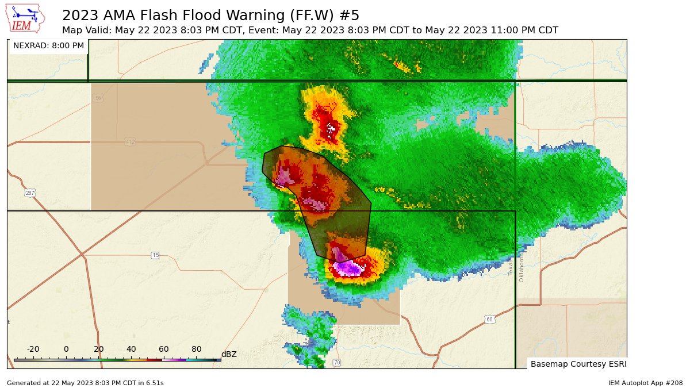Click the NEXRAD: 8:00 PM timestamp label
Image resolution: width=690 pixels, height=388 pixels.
pyautogui.click(x=48, y=45)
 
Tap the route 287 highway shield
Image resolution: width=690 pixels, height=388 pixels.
pyautogui.click(x=29, y=193)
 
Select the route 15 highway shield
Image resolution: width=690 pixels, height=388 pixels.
pyautogui.click(x=155, y=255)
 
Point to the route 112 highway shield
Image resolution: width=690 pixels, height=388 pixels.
pyautogui.click(x=130, y=141)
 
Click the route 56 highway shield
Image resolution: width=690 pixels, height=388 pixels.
pyautogui.click(x=98, y=98)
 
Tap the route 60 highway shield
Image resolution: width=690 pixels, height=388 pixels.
pyautogui.click(x=489, y=320)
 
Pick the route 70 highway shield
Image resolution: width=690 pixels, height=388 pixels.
pyautogui.click(x=337, y=363)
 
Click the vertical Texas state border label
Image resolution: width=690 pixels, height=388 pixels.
pyautogui.click(x=511, y=267)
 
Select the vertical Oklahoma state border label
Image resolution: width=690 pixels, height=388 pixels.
pyautogui.click(x=522, y=267)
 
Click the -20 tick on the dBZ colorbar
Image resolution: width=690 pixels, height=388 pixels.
pyautogui.click(x=33, y=349)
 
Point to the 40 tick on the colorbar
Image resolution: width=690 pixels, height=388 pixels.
pyautogui.click(x=131, y=349)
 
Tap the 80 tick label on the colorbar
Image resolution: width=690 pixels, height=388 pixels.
pyautogui.click(x=197, y=349)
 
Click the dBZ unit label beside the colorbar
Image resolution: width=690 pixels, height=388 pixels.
pyautogui.click(x=229, y=354)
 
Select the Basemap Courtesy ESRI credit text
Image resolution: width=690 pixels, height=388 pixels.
pyautogui.click(x=578, y=364)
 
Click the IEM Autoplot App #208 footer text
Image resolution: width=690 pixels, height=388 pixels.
pyautogui.click(x=645, y=383)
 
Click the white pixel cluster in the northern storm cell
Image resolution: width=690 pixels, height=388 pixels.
pyautogui.click(x=330, y=129)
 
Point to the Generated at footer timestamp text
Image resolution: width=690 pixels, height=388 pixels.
pyautogui.click(x=85, y=383)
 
